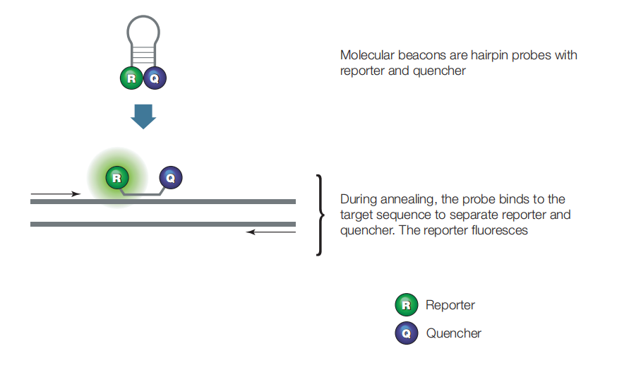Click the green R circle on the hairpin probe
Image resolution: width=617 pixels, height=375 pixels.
pyautogui.click(x=131, y=78)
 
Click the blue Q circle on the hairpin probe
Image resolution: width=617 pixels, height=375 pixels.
pyautogui.click(x=155, y=78)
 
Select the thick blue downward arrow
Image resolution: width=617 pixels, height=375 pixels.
pyautogui.click(x=143, y=117)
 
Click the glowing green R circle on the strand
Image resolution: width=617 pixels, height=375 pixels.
pyautogui.click(x=117, y=178)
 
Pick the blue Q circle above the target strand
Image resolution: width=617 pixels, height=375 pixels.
pyautogui.click(x=171, y=177)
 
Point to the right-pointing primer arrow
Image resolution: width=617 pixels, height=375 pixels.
pyautogui.click(x=56, y=194)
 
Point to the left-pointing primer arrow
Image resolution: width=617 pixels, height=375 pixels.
pyautogui.click(x=270, y=232)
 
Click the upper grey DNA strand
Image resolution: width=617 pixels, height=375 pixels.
pyautogui.click(x=163, y=201)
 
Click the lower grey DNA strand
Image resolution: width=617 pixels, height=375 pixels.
pyautogui.click(x=163, y=224)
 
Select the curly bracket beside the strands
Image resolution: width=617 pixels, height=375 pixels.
pyautogui.click(x=321, y=215)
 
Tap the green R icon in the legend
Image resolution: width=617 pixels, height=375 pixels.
pyautogui.click(x=407, y=304)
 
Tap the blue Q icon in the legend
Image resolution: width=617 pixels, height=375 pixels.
pyautogui.click(x=407, y=333)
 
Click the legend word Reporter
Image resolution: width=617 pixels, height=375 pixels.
pyautogui.click(x=450, y=305)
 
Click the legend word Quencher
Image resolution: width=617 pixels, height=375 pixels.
pyautogui.click(x=453, y=333)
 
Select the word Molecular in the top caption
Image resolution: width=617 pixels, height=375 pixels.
pyautogui.click(x=367, y=55)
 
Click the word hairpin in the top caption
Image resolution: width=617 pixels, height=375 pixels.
pyautogui.click(x=490, y=56)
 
